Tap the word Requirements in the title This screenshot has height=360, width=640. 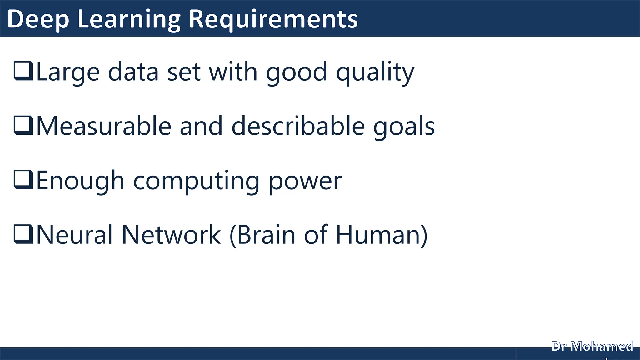point(273,19)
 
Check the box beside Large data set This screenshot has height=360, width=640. point(23,71)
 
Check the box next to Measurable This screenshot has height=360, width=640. point(23,125)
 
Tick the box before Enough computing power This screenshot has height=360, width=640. point(23,180)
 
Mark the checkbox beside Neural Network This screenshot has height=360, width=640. point(23,234)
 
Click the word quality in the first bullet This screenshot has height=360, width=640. point(375,72)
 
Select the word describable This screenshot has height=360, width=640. point(298,126)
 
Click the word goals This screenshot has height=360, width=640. point(404,127)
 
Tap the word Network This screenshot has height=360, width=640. point(171,235)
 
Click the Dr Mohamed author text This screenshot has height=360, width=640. point(592,347)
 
